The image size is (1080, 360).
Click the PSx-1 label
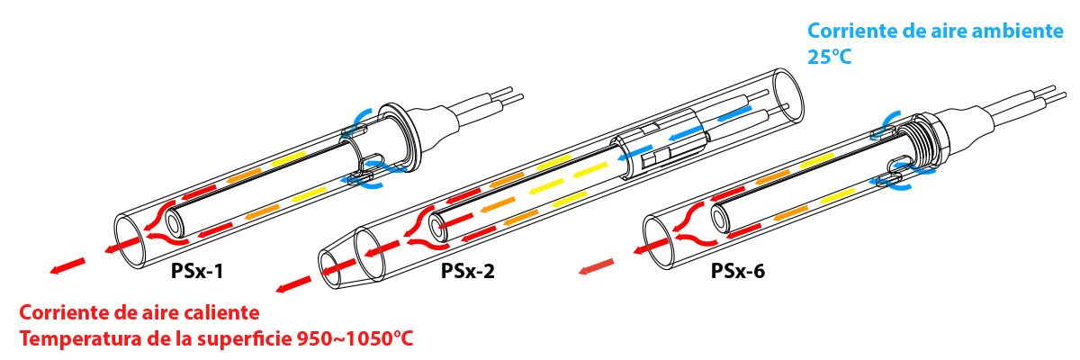197,272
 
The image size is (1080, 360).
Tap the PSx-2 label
468,272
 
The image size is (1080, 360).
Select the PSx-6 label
738,271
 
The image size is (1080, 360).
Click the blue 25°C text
829,57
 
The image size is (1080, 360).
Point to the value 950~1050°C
355,339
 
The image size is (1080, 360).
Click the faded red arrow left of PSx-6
597,266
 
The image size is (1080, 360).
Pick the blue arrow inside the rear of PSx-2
733,113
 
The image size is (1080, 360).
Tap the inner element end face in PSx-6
720,219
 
